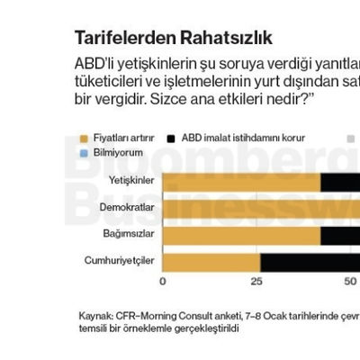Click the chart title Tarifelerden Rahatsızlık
tap(173, 39)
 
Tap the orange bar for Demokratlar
tap(261, 208)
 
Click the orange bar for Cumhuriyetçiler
tap(211, 262)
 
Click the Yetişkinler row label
tap(131, 181)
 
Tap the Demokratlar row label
tap(127, 208)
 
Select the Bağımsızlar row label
tap(129, 235)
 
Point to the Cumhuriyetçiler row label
tap(121, 262)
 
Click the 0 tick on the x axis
tap(163, 282)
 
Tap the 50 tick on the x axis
tap(350, 282)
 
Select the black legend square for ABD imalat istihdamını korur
tap(172, 139)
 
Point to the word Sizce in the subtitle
tap(149, 97)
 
